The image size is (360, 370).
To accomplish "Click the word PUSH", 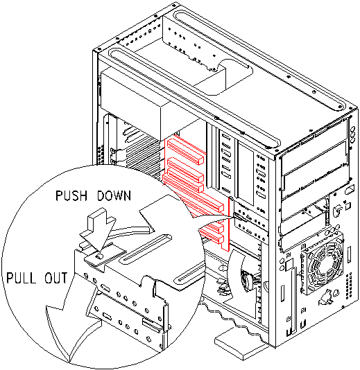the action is [71, 195].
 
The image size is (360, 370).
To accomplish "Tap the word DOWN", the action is [114, 195].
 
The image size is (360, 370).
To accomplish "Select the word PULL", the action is [22, 278].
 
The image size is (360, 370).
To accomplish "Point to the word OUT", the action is [56, 278].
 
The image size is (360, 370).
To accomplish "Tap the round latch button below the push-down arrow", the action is [99, 256].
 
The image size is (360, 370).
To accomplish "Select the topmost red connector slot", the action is [185, 151].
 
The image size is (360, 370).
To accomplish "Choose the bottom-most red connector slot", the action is [211, 237].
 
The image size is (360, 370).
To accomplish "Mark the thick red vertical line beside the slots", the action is [229, 224].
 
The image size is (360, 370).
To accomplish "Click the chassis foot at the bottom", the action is [240, 345].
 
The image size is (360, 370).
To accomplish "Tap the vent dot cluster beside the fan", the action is [349, 286].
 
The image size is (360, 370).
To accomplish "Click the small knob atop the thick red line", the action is [231, 198].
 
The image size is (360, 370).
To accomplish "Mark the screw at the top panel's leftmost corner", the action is [96, 50].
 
